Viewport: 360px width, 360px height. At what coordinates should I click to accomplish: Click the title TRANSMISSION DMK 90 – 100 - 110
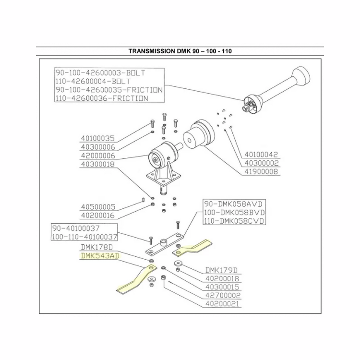180,51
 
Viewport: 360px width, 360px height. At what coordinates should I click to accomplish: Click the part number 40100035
98,138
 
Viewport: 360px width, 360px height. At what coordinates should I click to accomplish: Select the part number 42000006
98,156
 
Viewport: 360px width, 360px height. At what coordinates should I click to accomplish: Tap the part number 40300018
98,165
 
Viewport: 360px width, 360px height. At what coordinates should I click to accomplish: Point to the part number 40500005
98,207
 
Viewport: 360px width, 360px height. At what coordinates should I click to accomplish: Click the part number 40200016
98,216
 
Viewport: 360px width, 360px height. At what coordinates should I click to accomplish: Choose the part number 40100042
262,155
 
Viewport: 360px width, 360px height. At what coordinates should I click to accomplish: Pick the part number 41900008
262,171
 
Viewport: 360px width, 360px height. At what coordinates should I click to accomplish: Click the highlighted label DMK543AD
99,256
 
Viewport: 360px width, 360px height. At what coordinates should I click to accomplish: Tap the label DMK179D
222,270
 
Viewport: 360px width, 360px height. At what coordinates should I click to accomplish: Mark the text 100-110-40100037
84,237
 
